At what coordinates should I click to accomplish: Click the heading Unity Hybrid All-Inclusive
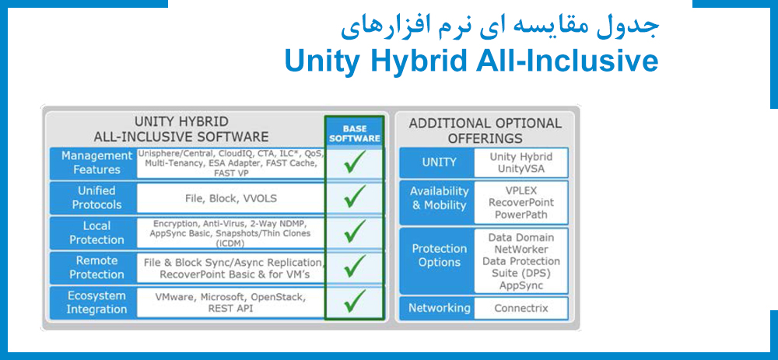pos(471,61)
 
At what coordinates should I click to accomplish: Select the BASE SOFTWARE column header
pos(354,133)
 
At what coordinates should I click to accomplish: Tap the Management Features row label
pos(92,163)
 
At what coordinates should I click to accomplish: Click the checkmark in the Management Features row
pos(355,163)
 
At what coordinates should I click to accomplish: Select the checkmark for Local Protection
pos(355,232)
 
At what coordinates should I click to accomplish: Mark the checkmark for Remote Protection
pos(355,267)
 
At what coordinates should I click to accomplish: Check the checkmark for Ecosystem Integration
pos(355,302)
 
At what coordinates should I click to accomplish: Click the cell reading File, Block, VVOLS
pos(230,198)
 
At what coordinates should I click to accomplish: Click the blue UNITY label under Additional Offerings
pos(439,163)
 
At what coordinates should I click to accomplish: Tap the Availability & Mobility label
pos(439,198)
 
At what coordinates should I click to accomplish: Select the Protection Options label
pos(439,256)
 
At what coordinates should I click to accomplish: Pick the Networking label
pos(439,308)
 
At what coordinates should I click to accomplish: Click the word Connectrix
pos(520,308)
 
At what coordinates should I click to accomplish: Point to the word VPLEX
pos(520,189)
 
